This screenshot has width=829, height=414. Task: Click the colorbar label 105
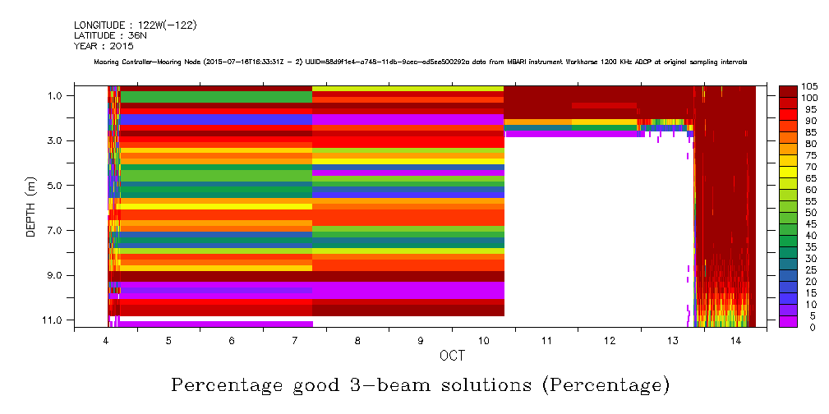[809, 86]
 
